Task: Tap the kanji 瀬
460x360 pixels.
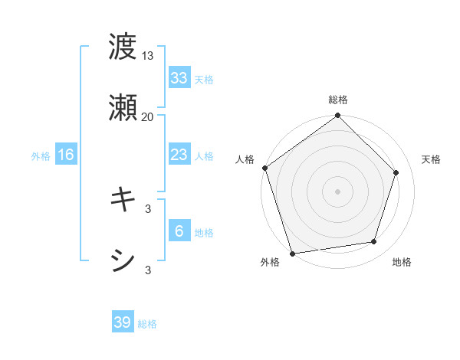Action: click(x=123, y=108)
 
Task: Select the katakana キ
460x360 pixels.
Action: click(x=123, y=200)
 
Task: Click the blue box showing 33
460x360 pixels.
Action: click(x=179, y=78)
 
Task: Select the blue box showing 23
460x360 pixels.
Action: click(x=179, y=155)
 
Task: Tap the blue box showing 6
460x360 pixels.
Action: click(x=179, y=231)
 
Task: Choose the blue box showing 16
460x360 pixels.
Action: click(x=66, y=155)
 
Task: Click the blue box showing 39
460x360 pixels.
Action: click(x=123, y=322)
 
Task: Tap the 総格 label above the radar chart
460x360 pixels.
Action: click(x=337, y=100)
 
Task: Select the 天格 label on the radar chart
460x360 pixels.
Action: click(x=431, y=159)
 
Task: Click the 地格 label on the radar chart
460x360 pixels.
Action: click(x=402, y=262)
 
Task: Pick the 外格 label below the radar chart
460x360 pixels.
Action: click(x=270, y=262)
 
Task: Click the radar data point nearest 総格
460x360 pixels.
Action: click(x=337, y=116)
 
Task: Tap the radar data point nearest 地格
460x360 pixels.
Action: click(x=374, y=242)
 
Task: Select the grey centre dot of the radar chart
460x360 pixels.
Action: click(x=337, y=191)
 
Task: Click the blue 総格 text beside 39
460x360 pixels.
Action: click(x=147, y=324)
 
